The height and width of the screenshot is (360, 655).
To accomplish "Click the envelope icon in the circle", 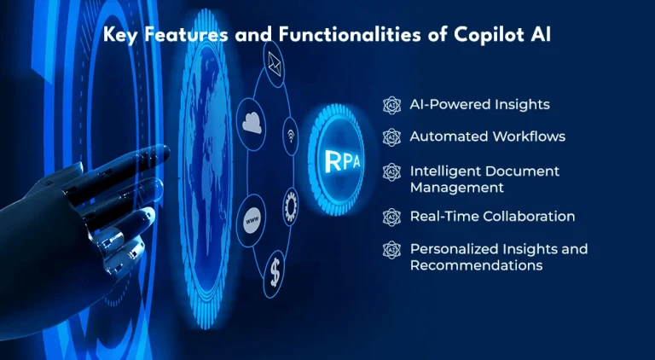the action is click(x=275, y=65).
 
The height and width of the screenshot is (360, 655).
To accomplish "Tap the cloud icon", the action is click(x=252, y=124).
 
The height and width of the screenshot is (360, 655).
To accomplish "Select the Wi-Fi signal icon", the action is click(x=291, y=136).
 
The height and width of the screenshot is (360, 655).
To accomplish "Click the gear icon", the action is click(x=290, y=206).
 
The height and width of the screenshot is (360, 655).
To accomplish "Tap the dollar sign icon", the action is click(x=275, y=275).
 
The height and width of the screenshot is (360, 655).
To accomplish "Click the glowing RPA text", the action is click(x=342, y=160).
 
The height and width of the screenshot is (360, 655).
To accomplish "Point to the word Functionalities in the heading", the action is click(x=350, y=35).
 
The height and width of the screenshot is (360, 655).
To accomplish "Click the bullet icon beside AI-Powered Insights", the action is click(x=391, y=105).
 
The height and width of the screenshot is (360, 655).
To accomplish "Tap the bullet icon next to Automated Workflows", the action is click(x=391, y=137).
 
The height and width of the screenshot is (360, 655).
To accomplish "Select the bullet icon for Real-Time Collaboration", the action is click(x=391, y=218).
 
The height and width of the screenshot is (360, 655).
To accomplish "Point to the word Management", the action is click(x=457, y=188).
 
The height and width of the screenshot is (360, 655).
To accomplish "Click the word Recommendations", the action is click(x=476, y=265).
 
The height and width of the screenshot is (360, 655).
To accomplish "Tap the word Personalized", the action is click(x=454, y=249).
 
